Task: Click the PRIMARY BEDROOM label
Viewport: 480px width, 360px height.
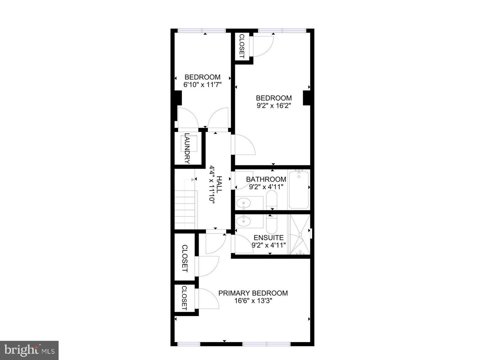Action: tap(253, 293)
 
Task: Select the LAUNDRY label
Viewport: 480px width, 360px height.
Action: tap(187, 149)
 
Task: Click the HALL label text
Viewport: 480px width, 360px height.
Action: tap(219, 184)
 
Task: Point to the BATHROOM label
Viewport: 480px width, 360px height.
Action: tap(266, 179)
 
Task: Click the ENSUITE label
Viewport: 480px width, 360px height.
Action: tap(269, 238)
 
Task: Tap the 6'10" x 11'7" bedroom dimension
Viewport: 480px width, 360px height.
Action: tap(203, 85)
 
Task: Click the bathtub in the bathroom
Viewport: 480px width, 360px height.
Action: tap(299, 190)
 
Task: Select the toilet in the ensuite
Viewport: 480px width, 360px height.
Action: tap(271, 224)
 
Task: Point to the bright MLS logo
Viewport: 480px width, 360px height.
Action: tap(29, 350)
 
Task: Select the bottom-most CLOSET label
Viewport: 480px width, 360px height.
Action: tap(184, 298)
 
